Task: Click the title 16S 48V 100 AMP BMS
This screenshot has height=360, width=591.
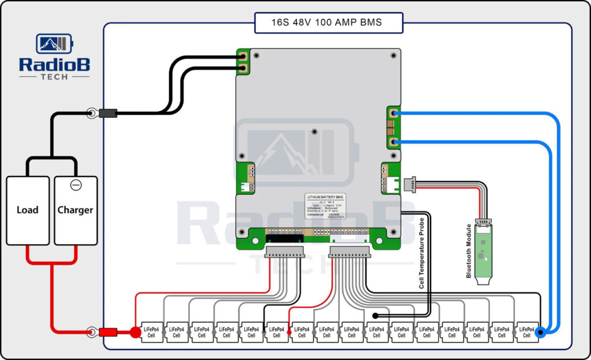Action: point(327,23)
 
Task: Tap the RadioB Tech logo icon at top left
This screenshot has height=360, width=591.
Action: point(54,44)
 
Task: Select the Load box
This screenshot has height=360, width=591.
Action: point(27,210)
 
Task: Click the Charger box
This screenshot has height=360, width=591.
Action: point(76,210)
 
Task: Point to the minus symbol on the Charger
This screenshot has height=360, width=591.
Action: point(76,185)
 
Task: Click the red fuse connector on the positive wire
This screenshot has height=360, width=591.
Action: point(108,332)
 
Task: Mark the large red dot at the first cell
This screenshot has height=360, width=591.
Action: point(135,332)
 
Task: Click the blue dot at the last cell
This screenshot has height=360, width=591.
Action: point(540,332)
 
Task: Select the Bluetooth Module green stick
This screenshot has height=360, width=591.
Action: point(483,251)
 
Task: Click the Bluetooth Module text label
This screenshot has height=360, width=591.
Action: point(469,251)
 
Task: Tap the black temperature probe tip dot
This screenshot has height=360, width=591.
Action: point(376,316)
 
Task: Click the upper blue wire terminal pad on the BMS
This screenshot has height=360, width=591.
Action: point(393,114)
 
